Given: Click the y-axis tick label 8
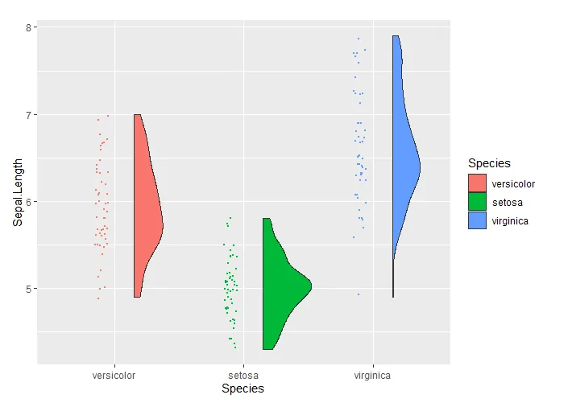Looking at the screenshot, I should coord(29,27).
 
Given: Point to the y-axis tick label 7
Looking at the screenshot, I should coord(29,114).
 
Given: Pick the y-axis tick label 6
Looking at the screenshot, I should coord(29,201).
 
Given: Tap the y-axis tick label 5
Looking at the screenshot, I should coord(29,288).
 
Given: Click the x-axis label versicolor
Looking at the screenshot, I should coord(114,376).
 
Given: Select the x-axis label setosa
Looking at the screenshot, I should coord(243,376).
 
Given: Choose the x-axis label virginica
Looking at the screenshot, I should coord(373,376).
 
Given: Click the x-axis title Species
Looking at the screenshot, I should coord(243,389).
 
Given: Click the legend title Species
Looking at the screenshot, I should coord(488,164).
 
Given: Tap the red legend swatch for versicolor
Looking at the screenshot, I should coord(477,184).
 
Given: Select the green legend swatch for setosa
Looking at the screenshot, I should coord(477,202).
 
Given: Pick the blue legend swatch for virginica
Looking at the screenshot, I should coord(477,220).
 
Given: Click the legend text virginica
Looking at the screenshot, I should coord(510,220).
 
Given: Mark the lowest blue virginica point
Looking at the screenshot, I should coord(359,294).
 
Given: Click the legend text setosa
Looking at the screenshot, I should coord(507,203).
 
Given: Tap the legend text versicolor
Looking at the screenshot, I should coord(513,184).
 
